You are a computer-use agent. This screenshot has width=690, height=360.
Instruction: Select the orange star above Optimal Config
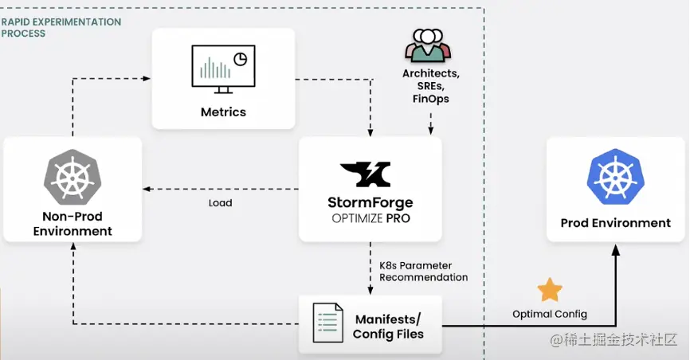tap(550, 290)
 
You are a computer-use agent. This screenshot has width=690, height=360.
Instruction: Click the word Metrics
tap(223, 112)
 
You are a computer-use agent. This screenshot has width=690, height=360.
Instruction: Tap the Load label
tap(220, 203)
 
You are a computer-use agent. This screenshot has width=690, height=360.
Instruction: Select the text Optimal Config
tap(550, 314)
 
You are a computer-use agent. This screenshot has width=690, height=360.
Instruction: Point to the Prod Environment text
tap(615, 223)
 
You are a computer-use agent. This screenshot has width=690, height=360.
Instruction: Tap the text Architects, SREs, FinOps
tap(431, 86)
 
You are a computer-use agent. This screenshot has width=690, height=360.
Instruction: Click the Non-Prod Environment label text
tap(73, 224)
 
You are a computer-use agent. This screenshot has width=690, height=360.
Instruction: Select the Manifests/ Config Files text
tap(388, 327)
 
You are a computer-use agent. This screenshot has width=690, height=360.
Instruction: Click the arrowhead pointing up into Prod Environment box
tap(615, 249)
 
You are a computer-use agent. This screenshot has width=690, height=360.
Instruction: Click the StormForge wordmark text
tap(370, 202)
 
